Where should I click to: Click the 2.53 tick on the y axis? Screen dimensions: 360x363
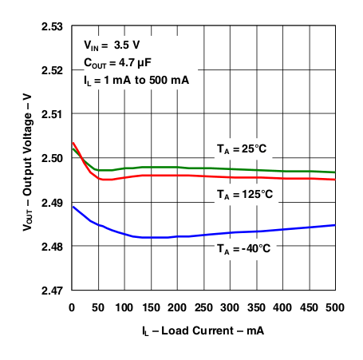click(x=53, y=26)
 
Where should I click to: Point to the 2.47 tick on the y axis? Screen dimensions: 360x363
click(x=53, y=291)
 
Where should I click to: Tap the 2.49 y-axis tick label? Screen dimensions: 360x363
click(x=53, y=203)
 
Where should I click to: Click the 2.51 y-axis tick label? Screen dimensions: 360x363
click(x=53, y=114)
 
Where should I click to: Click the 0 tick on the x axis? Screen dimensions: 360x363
click(x=72, y=306)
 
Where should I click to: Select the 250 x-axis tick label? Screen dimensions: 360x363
click(x=203, y=306)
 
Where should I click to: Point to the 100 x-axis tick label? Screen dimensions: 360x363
click(x=124, y=306)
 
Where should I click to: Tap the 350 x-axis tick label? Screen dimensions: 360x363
click(x=256, y=306)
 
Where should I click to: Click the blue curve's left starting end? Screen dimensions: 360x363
click(x=73, y=207)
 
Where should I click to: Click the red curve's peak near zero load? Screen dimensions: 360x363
click(x=73, y=143)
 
